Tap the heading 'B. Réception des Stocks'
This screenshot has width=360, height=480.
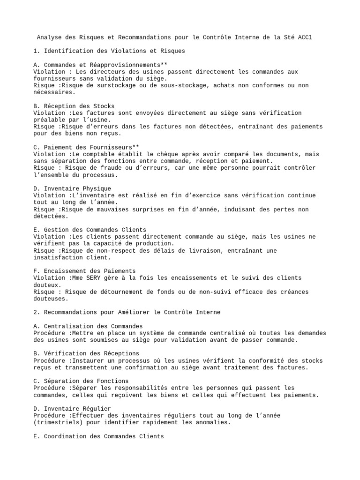pyautogui.click(x=74, y=106)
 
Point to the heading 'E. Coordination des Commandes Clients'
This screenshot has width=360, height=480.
pyautogui.click(x=98, y=436)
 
